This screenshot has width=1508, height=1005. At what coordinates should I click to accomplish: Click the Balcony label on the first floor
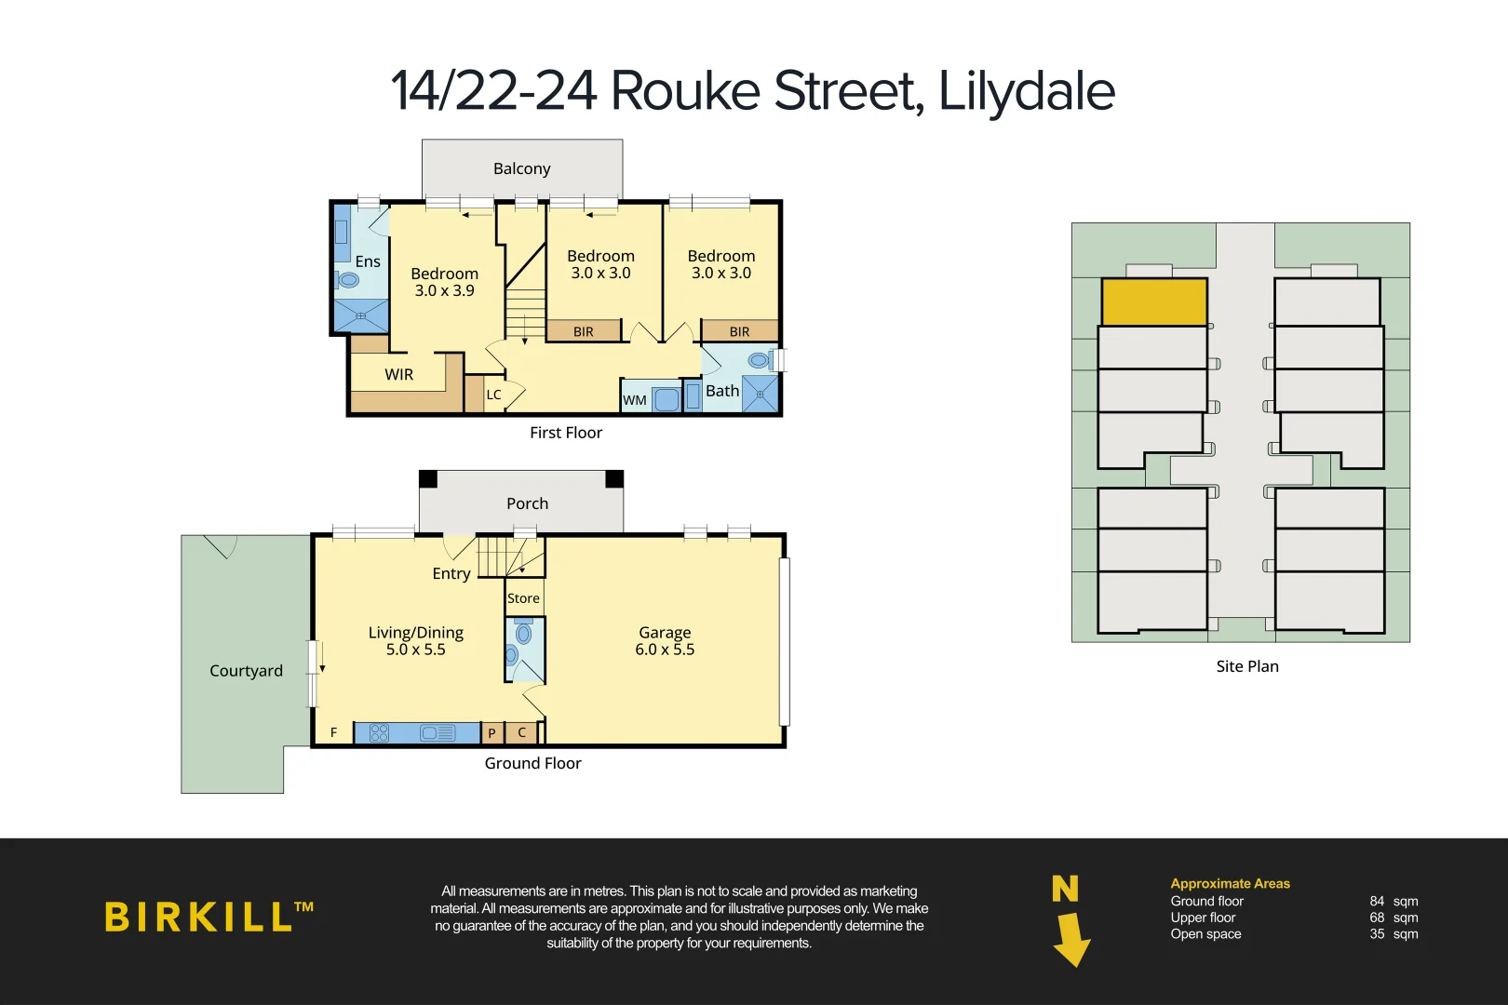521,168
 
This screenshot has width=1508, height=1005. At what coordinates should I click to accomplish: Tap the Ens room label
368,261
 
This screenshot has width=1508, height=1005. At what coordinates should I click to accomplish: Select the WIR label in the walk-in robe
398,374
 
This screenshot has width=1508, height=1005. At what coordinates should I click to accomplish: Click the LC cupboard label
493,395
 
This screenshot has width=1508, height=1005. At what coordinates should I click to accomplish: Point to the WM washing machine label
635,400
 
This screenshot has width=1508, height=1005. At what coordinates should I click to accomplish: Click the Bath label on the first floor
722,391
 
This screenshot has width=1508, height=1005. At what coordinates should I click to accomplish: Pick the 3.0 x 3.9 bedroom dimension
444,290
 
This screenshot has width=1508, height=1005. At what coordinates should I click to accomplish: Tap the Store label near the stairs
523,598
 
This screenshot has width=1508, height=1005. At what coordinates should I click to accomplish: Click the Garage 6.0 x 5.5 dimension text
665,650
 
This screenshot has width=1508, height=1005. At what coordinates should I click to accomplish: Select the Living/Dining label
415,632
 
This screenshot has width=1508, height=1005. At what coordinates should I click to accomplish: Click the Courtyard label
246,671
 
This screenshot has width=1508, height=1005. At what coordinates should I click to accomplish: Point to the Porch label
527,503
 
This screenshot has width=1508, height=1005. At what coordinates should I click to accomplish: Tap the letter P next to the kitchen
491,733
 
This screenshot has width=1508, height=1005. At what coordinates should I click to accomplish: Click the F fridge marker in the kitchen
333,733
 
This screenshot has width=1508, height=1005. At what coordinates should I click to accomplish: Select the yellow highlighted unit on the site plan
1154,301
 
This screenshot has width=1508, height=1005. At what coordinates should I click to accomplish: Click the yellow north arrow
1071,937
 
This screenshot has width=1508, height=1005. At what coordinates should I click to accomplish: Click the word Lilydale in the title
1026,91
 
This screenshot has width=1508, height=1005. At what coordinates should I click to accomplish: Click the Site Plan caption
1247,666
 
